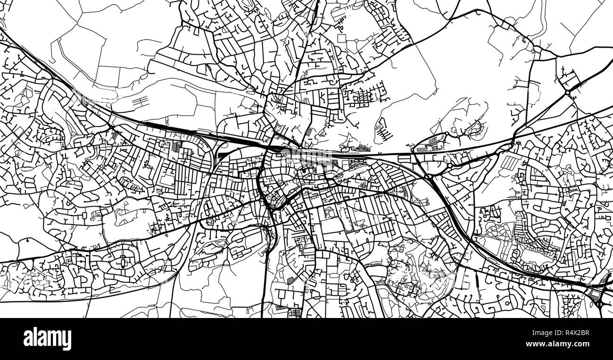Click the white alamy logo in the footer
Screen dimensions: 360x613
tap(47, 339)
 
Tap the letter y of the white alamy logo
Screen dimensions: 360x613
tap(67, 340)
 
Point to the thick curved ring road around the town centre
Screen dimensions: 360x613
tap(261, 189)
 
